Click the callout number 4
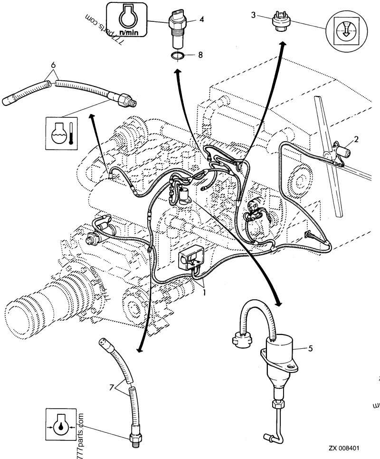pos(201,19)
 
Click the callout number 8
pos(200,55)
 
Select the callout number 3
pos(254,15)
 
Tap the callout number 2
pos(356,139)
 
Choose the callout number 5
pos(310,348)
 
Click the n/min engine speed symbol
pos(126,19)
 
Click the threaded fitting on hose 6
pos(126,99)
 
